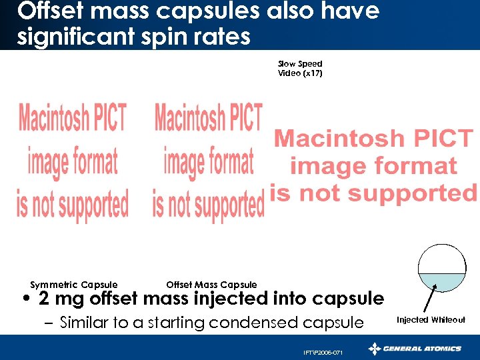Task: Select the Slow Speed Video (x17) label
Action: [x=300, y=69]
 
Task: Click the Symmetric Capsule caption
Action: [x=74, y=285]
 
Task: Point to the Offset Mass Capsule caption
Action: [x=211, y=285]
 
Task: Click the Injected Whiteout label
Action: [x=431, y=320]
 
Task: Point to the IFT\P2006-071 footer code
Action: [x=323, y=352]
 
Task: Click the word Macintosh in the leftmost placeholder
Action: [x=72, y=119]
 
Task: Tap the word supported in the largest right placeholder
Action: [x=411, y=193]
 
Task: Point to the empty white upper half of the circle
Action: [x=441, y=259]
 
